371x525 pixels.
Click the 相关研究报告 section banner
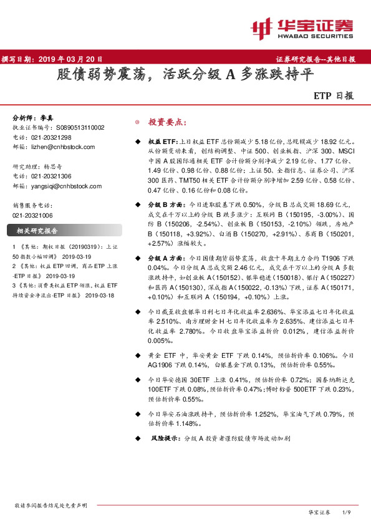37,231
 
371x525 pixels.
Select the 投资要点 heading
166,123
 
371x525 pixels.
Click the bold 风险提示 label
166,439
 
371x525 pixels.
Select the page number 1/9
347,512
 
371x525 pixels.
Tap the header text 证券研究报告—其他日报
316,60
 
